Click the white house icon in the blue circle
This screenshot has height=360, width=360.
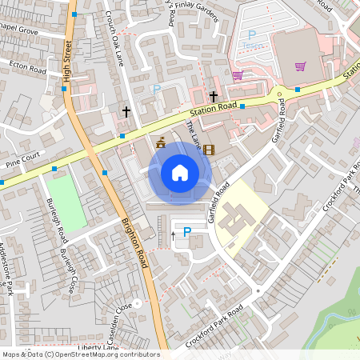tap(180, 173)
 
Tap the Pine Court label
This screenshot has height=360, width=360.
tap(22, 161)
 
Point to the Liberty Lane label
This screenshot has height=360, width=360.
tap(99, 347)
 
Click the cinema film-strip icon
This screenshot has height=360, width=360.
tap(209, 149)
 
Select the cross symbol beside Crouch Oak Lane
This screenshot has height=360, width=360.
tap(126, 111)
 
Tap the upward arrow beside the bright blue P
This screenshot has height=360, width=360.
tap(173, 236)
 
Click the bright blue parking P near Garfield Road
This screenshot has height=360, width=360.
tap(188, 232)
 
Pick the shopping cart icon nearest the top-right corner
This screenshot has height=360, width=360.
tap(300, 66)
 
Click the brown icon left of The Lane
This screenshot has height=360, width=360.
tap(160, 143)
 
